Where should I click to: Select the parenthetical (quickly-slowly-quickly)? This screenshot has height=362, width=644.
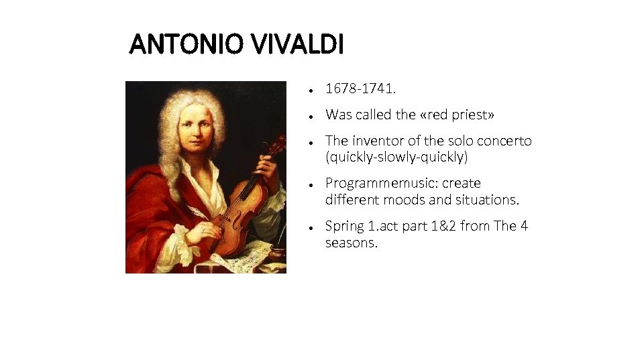(396, 158)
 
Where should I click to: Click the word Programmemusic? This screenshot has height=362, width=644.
(380, 183)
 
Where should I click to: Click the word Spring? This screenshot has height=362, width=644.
(344, 226)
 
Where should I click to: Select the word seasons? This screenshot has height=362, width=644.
(351, 243)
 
